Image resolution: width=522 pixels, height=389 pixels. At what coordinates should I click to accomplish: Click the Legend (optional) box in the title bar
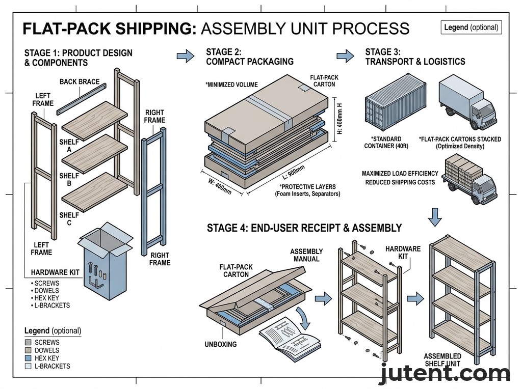(x=471, y=27)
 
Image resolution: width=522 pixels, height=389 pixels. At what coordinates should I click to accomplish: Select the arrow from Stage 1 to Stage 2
(x=185, y=55)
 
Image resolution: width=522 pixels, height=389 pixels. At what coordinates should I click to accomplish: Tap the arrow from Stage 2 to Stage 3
(x=345, y=55)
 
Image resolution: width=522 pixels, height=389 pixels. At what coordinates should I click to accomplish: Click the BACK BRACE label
(x=80, y=81)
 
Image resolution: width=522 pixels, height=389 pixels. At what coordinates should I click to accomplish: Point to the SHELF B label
(x=69, y=180)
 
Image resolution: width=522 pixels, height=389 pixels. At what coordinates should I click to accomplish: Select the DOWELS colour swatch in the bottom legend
(x=28, y=350)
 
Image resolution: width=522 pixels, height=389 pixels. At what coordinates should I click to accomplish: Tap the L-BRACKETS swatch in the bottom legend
(x=28, y=366)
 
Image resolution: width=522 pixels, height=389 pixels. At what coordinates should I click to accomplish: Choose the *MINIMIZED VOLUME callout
(x=231, y=85)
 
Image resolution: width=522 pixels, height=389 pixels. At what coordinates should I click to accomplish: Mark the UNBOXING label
(x=221, y=344)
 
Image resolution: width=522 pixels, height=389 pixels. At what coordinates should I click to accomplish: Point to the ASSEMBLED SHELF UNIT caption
(x=442, y=359)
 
